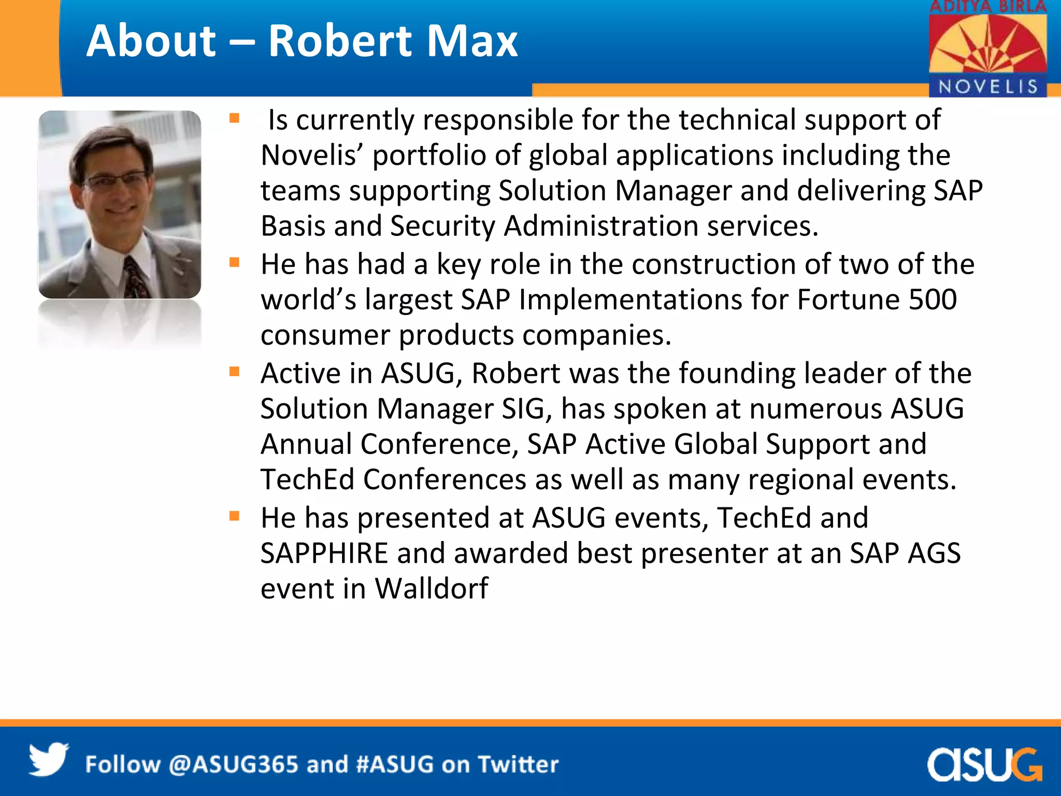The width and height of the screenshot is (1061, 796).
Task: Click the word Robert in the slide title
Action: [x=339, y=41]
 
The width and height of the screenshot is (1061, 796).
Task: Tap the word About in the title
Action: [x=151, y=41]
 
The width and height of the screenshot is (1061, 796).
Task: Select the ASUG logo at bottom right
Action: [x=984, y=764]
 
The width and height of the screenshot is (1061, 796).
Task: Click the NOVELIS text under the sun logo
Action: [x=988, y=87]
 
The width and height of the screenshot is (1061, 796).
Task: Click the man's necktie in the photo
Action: [x=136, y=277]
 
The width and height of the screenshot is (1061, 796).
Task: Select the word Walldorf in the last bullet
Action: [x=431, y=589]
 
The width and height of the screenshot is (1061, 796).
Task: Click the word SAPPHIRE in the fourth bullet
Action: [x=324, y=553]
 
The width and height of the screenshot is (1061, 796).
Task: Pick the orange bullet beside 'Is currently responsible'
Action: [x=235, y=119]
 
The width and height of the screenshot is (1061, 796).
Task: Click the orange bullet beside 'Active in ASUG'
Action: [x=235, y=372]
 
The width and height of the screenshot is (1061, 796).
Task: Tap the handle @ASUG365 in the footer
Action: [x=234, y=765]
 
